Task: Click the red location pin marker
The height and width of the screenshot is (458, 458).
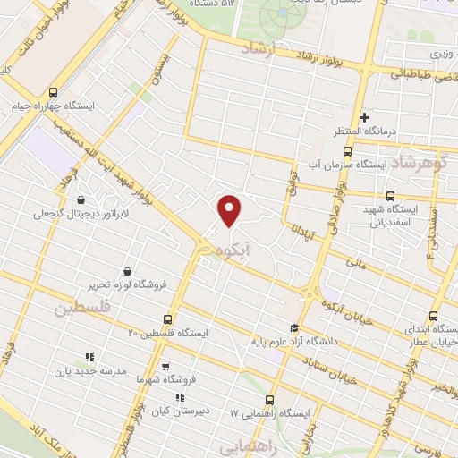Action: pyautogui.click(x=231, y=209)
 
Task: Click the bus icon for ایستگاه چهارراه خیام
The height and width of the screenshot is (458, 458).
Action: pyautogui.click(x=53, y=92)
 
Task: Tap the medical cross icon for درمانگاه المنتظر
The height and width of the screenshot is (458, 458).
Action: pyautogui.click(x=364, y=117)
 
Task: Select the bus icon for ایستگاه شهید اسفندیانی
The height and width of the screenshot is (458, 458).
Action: pyautogui.click(x=389, y=197)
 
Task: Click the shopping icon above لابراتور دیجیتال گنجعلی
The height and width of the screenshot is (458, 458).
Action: pyautogui.click(x=83, y=200)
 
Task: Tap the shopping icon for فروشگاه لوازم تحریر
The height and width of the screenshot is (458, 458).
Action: pyautogui.click(x=128, y=270)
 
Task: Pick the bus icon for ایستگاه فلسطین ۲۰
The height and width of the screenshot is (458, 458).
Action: pyautogui.click(x=167, y=319)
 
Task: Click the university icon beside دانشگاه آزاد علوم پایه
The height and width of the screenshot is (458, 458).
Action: pyautogui.click(x=296, y=327)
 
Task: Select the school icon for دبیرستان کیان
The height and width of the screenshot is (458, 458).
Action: pyautogui.click(x=180, y=397)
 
